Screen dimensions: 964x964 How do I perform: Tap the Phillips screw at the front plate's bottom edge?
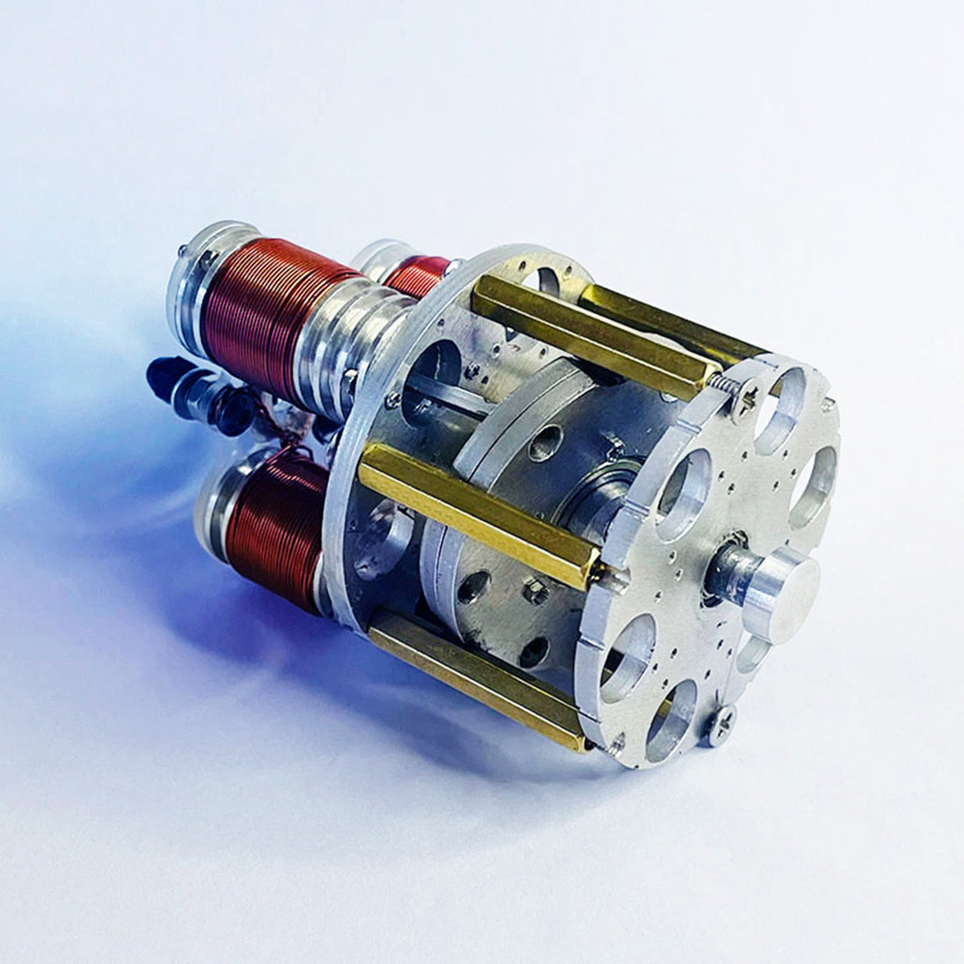[721, 724]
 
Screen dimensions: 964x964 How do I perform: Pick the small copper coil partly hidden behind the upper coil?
[415, 275]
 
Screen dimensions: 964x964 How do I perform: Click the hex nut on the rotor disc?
[536, 591]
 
